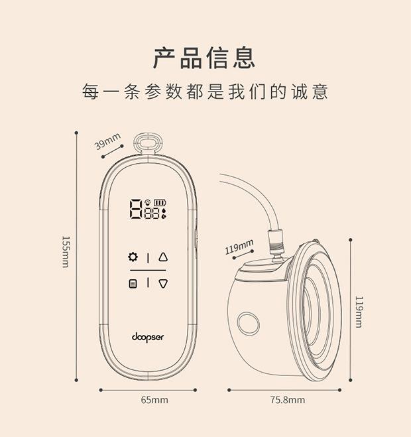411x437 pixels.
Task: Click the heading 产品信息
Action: click(204, 58)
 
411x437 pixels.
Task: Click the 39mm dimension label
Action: click(108, 141)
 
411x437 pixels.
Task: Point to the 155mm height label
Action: click(65, 252)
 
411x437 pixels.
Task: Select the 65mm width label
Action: click(154, 400)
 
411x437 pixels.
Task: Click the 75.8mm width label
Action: click(287, 400)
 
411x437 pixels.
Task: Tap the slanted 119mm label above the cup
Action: click(239, 248)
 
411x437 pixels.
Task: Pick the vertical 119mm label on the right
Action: click(359, 312)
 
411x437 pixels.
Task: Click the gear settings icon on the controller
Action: click(133, 257)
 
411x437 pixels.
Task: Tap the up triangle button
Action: click(163, 257)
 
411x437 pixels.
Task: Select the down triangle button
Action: click(163, 284)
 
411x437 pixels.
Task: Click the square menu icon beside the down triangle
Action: click(133, 284)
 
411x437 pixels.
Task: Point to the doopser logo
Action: click(148, 336)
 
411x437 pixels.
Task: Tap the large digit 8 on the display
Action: click(136, 210)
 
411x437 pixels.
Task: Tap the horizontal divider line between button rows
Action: click(148, 271)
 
